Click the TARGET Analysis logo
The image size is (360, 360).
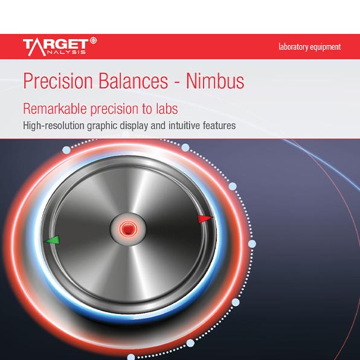60,47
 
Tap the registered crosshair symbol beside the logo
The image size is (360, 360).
93,40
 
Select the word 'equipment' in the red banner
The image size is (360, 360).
326,47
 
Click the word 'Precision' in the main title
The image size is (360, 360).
58,81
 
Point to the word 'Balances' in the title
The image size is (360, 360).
133,81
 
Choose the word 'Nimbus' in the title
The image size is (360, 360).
215,81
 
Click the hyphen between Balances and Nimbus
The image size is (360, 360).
177,82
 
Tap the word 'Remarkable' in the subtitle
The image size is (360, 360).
55,109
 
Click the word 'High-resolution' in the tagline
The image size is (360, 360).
54,126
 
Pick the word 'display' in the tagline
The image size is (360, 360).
134,126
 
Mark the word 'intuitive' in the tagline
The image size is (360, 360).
184,126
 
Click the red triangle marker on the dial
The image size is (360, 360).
204,219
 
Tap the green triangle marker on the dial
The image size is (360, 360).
53,240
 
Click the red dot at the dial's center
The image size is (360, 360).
128,229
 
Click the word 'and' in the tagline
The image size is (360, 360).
158,126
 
